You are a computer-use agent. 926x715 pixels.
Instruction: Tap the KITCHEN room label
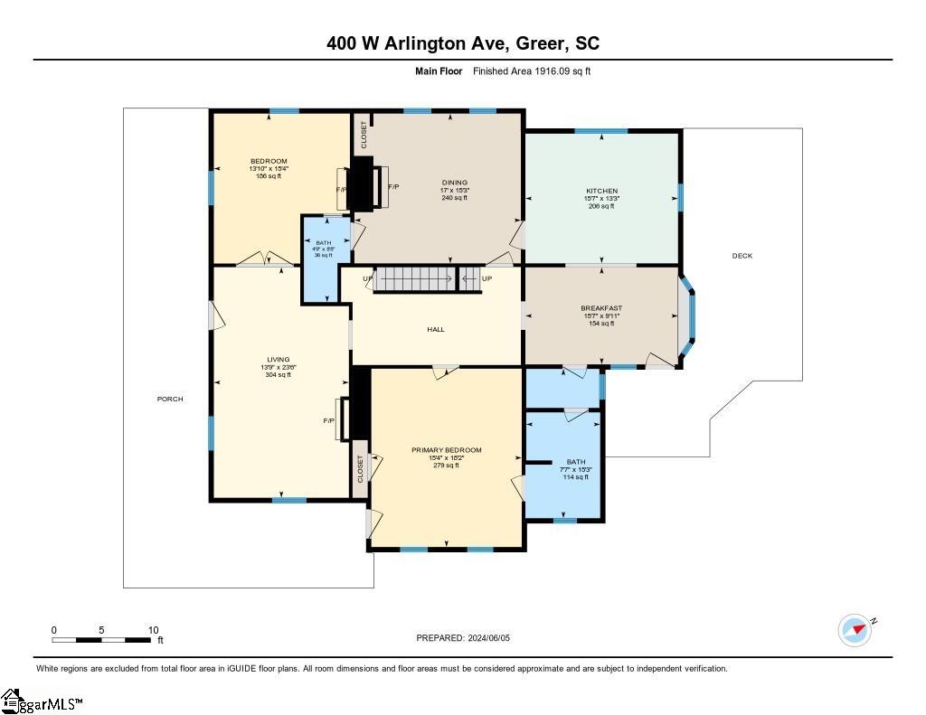pos(601,191)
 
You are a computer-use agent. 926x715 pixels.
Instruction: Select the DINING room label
pos(454,183)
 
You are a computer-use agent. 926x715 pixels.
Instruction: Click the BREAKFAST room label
pos(601,308)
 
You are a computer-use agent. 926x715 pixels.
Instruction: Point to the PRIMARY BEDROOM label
pos(446,450)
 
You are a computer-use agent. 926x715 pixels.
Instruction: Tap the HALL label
pos(436,330)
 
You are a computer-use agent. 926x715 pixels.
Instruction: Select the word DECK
pos(742,256)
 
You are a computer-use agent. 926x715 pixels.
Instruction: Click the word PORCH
pos(170,399)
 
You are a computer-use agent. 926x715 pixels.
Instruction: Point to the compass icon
pos(855,630)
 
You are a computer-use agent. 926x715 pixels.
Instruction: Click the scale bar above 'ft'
pos(101,640)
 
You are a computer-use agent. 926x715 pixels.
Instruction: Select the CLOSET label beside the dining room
pos(364,135)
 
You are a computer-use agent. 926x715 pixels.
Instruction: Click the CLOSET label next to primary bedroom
pos(360,468)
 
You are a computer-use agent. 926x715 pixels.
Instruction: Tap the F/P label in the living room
pos(329,421)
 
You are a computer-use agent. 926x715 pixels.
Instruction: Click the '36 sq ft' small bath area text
pos(324,256)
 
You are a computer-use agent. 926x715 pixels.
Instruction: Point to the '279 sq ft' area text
pos(446,466)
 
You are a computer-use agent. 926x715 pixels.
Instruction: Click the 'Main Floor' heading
pos(439,71)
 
